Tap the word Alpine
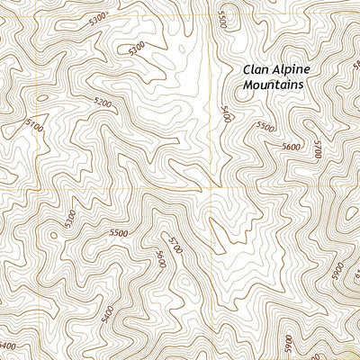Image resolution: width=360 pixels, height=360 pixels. pos(293,69)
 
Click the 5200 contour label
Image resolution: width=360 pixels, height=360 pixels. pos(103,103)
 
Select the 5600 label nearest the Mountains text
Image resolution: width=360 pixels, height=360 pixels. pos(290,145)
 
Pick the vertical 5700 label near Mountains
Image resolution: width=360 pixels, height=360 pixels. pos(317,149)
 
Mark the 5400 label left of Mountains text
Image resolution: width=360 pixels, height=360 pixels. pos(225,114)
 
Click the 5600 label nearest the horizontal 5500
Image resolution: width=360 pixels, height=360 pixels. pos(160,260)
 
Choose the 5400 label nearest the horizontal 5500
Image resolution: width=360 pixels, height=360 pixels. pos(109,314)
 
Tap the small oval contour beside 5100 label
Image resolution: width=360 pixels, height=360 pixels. pos(40,96)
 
